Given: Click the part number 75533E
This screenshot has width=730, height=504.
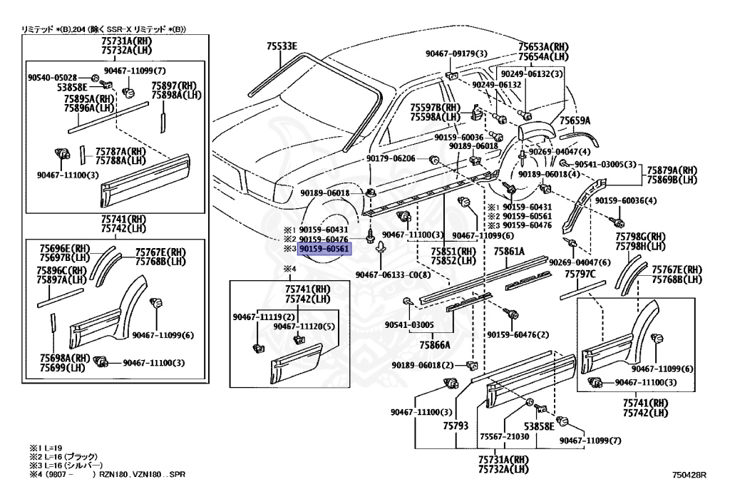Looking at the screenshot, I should click(282, 46).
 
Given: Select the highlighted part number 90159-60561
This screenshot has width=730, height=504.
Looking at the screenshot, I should click(324, 250).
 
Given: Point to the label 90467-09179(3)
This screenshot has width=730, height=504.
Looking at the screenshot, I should click(457, 53).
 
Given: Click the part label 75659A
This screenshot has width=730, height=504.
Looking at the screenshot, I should click(575, 120).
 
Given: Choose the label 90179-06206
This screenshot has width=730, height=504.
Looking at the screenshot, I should click(391, 158).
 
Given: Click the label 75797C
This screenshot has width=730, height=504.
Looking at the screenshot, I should click(580, 273).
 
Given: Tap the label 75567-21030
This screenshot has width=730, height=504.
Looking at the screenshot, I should click(505, 436).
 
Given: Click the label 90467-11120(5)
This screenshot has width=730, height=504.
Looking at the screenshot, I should click(303, 326).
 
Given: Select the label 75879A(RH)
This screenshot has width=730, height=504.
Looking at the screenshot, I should click(672, 170).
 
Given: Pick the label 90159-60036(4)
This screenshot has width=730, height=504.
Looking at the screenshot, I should click(625, 200).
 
